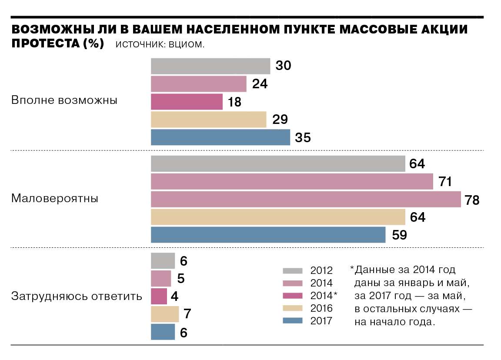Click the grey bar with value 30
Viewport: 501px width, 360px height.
[x=210, y=66]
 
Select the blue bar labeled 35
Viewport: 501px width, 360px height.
[x=220, y=137]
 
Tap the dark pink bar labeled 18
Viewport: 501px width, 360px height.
[x=187, y=102]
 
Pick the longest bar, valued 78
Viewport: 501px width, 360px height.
[x=305, y=199]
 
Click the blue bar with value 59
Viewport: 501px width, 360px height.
[x=268, y=235]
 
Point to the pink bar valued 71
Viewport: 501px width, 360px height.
[x=292, y=181]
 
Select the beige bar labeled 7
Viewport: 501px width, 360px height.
[x=165, y=314]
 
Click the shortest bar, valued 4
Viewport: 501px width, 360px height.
[x=159, y=296]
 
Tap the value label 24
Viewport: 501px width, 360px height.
[x=260, y=84]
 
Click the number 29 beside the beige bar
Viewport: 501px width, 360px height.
[x=280, y=120]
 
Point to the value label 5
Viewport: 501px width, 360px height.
[x=181, y=278]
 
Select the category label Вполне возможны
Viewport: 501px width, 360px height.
[x=64, y=100]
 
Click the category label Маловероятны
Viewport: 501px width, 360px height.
[x=55, y=199]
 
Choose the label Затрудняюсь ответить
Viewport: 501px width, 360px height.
[x=77, y=297]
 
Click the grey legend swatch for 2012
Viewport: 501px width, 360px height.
[x=292, y=270]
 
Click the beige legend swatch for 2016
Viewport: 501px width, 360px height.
[x=292, y=308]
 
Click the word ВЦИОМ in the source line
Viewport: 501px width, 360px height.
[x=185, y=45]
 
